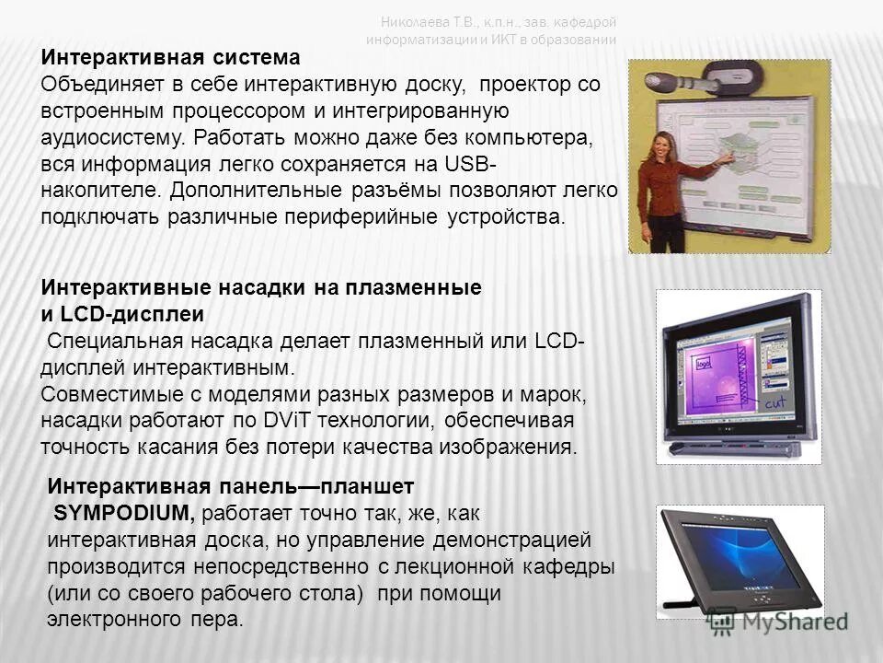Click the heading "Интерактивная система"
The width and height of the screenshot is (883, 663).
pyautogui.click(x=170, y=58)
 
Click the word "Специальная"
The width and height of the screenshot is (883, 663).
pyautogui.click(x=114, y=342)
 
